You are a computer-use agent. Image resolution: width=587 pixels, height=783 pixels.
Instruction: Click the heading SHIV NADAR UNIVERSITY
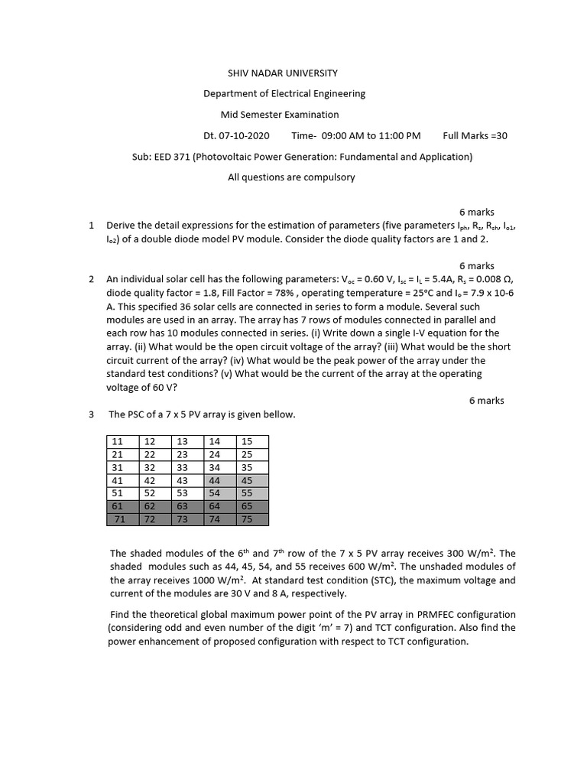282,73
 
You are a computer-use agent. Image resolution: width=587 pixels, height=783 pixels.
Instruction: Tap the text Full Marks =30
475,136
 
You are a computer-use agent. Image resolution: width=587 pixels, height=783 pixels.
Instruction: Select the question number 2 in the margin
91,279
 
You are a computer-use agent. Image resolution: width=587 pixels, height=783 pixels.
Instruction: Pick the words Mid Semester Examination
279,115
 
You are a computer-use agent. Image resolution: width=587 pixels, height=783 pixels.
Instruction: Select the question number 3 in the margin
91,414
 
